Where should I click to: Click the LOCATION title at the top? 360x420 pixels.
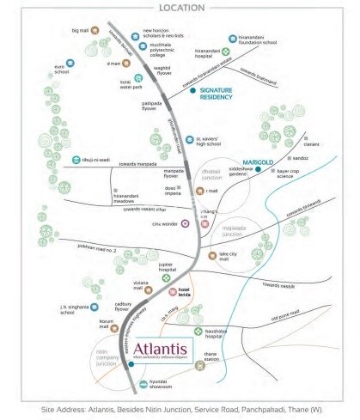click(180, 8)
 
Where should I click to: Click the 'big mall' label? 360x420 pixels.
click(81, 30)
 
